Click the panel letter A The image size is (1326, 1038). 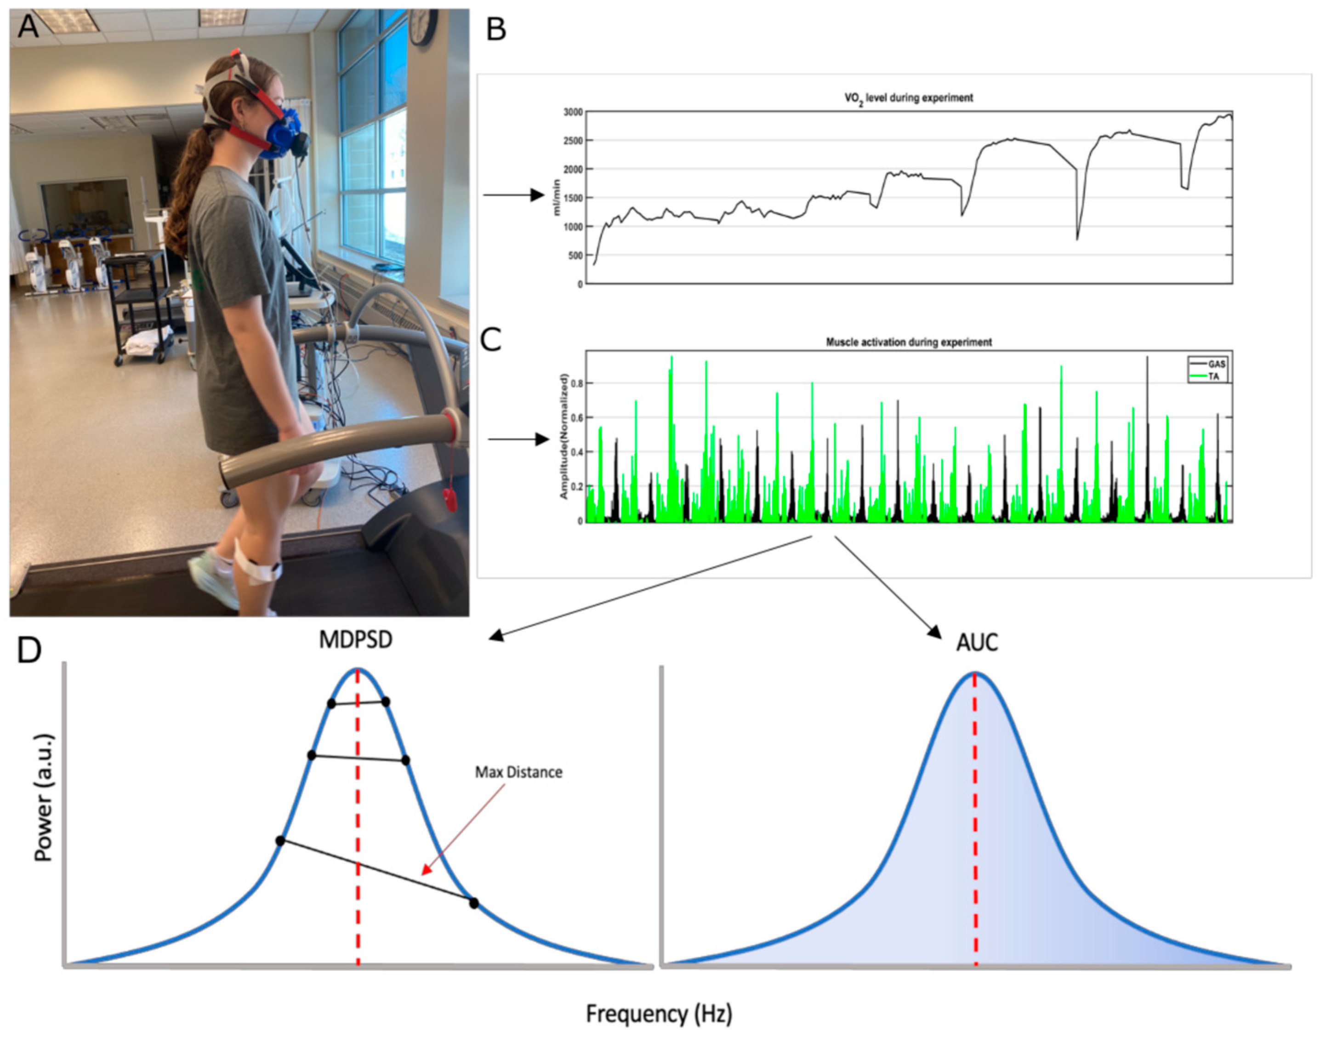[x=28, y=26]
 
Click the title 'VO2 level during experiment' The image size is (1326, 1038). [x=909, y=98]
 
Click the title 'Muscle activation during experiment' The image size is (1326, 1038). [x=909, y=342]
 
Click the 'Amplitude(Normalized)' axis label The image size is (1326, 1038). [x=564, y=436]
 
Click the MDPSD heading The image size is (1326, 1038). [x=355, y=640]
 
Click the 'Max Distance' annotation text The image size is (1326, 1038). [x=518, y=772]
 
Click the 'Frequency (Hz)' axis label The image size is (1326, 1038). [x=659, y=1014]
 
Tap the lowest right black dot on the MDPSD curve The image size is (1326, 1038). [x=474, y=903]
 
